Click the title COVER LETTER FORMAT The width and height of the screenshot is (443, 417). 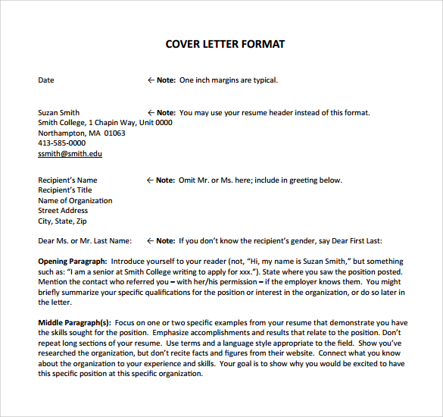pos(225,44)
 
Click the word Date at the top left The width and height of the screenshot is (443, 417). pos(46,80)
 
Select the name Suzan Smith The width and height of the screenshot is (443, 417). pos(59,113)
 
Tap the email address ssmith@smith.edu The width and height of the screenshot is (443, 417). pos(70,154)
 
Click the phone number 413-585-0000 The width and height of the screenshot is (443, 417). pos(61,143)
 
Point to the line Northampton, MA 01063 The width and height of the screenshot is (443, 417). pos(82,133)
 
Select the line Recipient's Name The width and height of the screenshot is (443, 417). pos(67,180)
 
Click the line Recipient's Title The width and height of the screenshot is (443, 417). pos(65,190)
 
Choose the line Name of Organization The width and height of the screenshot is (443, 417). pos(75,201)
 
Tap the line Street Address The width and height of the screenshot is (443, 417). pos(63,211)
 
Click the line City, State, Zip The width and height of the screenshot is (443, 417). pos(62,221)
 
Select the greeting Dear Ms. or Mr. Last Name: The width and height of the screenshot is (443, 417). pos(85,241)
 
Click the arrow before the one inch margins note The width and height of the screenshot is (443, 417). pos(151,80)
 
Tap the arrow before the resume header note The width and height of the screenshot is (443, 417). pos(151,113)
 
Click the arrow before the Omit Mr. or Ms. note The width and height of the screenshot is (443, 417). pos(150,180)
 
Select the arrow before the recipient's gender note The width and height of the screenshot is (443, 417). pos(150,241)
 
